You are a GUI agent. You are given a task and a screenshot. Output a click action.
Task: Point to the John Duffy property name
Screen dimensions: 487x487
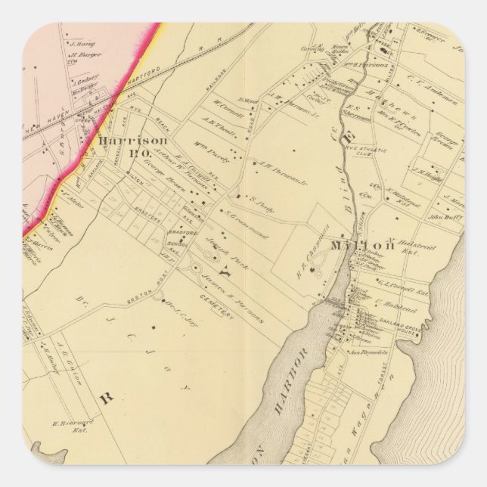445,217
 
